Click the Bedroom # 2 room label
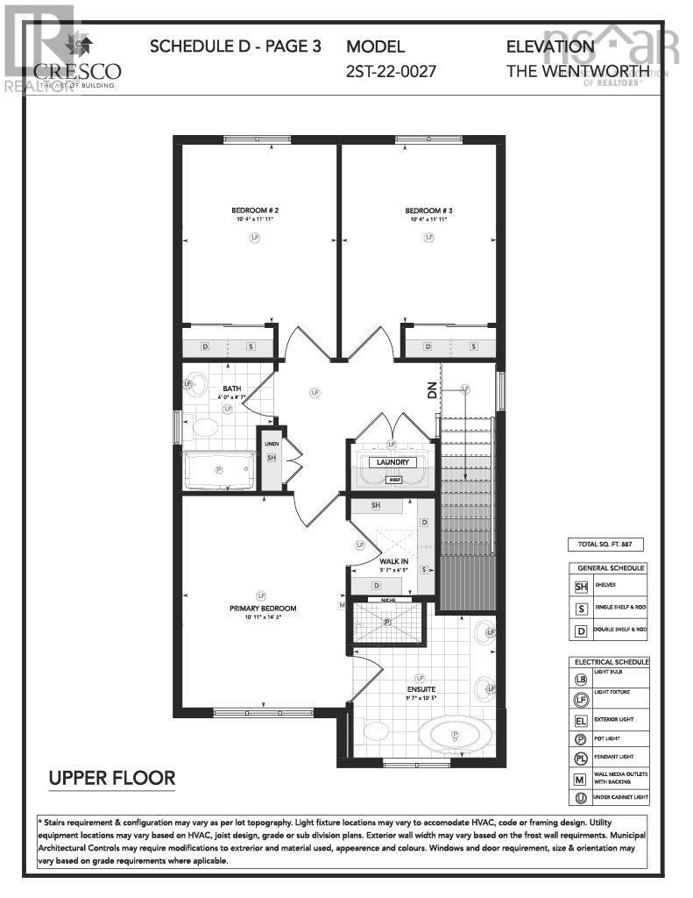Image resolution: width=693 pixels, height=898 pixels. click(255, 210)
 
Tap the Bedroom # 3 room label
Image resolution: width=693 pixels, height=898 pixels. click(428, 210)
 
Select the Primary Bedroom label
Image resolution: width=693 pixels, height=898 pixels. click(263, 609)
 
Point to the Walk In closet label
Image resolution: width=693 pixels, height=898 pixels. click(392, 561)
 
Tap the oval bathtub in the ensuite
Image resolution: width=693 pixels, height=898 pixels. click(455, 734)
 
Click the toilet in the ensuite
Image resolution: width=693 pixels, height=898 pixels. click(376, 730)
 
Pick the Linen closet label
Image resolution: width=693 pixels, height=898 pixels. click(272, 445)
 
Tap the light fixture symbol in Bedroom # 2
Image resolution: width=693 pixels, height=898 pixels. click(255, 237)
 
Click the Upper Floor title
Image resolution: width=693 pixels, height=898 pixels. click(112, 777)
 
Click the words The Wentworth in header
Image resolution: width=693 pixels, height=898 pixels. click(577, 71)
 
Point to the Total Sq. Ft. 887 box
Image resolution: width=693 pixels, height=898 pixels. click(606, 545)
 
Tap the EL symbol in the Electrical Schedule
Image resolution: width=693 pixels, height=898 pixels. click(581, 719)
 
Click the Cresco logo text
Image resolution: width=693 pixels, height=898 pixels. click(78, 72)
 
